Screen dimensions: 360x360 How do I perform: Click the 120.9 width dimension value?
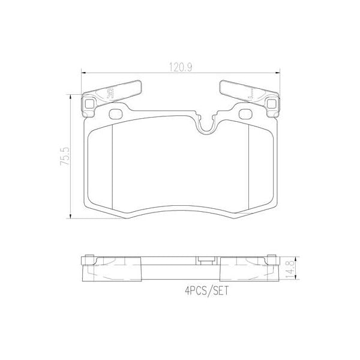(x=179, y=68)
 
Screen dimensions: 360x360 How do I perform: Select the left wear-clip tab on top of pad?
(x=115, y=91)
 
